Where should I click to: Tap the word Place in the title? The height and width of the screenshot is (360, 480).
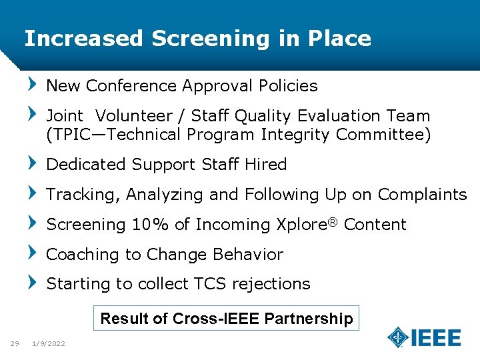pos(339,39)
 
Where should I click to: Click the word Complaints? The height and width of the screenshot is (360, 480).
pos(422,195)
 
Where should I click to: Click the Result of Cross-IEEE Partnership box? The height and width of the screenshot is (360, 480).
pos(227,319)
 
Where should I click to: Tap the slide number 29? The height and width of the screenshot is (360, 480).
pos(14,343)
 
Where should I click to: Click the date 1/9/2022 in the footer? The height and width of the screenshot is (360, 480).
pos(49,343)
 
